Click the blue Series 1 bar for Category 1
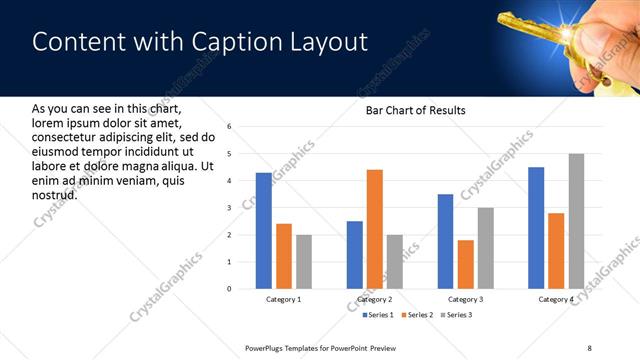(263, 231)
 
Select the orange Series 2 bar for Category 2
(375, 229)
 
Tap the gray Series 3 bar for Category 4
(575, 221)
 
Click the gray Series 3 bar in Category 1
(304, 262)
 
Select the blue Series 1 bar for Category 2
(355, 255)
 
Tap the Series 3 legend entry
(457, 315)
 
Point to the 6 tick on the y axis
(230, 127)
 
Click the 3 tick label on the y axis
(230, 208)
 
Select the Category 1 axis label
(284, 299)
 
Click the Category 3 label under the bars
(466, 299)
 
